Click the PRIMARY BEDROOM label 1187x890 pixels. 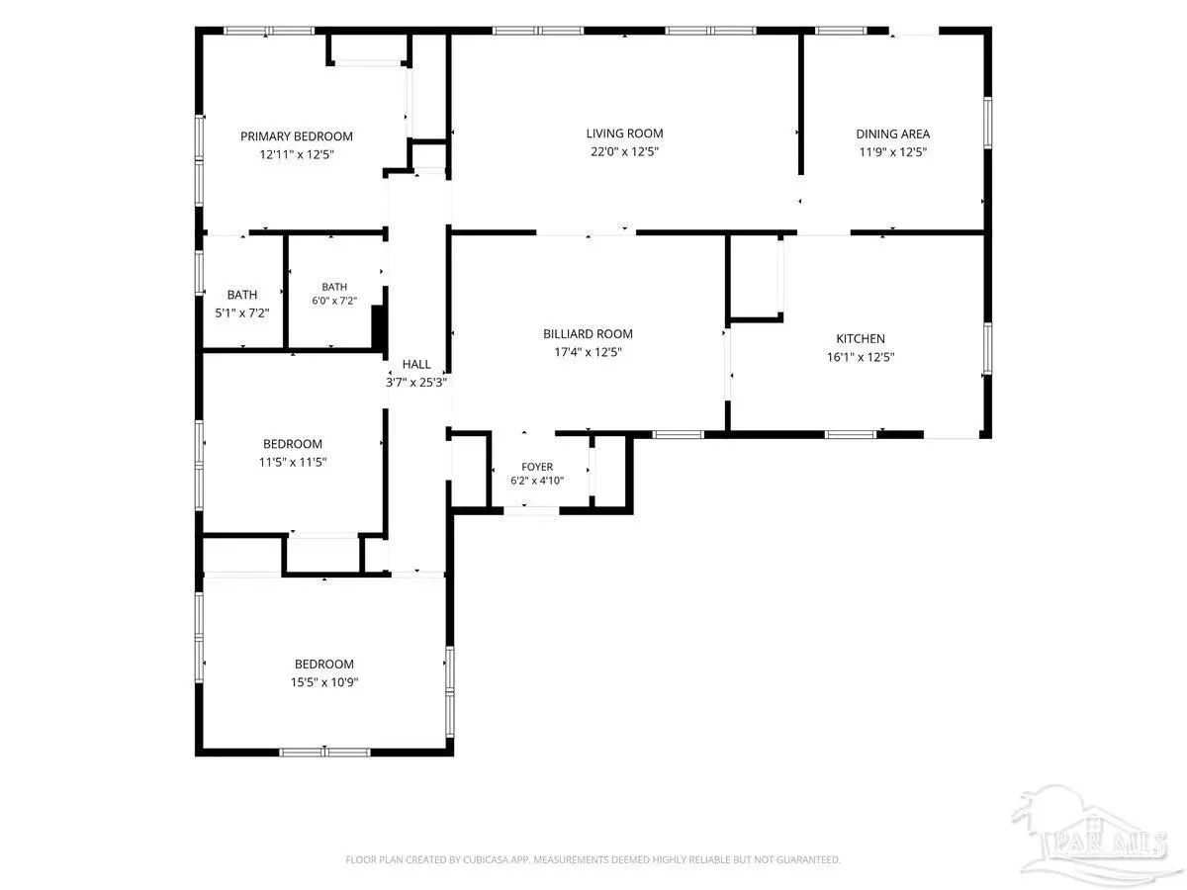[x=297, y=136]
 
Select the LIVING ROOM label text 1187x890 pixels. [x=624, y=133]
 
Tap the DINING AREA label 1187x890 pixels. [x=893, y=134]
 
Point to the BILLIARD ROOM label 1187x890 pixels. [x=588, y=334]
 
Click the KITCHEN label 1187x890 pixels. [x=861, y=339]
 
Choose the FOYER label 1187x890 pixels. [x=537, y=467]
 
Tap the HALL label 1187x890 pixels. [x=416, y=364]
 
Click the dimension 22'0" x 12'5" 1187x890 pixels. [x=624, y=151]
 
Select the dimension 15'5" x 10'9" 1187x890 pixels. [x=324, y=682]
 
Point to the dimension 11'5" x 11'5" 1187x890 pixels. [x=293, y=462]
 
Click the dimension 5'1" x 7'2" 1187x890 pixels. [x=241, y=312]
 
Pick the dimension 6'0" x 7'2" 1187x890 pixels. [x=334, y=301]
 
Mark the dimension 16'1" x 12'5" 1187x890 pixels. [x=861, y=357]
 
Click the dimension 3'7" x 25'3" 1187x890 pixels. [x=416, y=383]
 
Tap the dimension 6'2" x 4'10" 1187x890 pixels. [x=537, y=481]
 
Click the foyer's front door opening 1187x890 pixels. [x=531, y=510]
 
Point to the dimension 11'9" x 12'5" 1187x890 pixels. [x=893, y=152]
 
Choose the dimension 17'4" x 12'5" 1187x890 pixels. [x=588, y=352]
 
